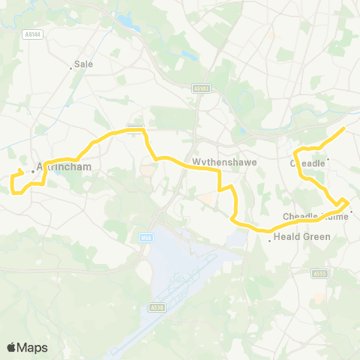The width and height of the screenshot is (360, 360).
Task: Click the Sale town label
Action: [84, 64]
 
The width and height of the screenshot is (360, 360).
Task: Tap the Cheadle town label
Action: [307, 163]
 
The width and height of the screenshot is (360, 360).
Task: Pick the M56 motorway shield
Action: [146, 238]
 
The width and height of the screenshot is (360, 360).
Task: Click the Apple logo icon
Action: [11, 347]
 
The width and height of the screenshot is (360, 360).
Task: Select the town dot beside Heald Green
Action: [270, 241]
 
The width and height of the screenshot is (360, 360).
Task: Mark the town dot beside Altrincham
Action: [34, 172]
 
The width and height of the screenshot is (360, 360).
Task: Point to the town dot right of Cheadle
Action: [328, 158]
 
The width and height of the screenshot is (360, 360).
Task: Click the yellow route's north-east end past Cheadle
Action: [343, 129]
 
